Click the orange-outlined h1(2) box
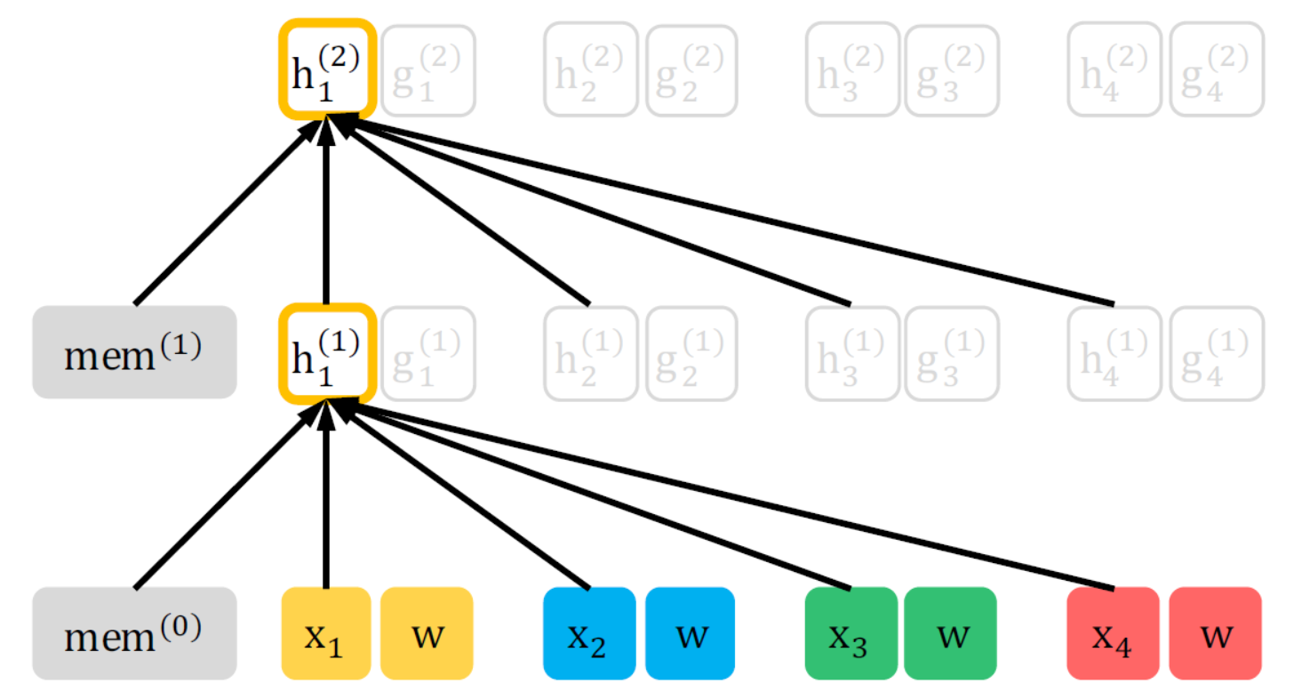pyautogui.click(x=327, y=69)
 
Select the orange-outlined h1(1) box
pyautogui.click(x=327, y=352)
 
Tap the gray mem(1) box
pyautogui.click(x=134, y=352)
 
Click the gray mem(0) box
pyautogui.click(x=134, y=632)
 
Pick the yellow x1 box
pyautogui.click(x=325, y=632)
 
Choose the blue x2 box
pyautogui.click(x=588, y=632)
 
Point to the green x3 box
pyautogui.click(x=850, y=632)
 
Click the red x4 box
pyautogui.click(x=1112, y=632)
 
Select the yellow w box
pyautogui.click(x=427, y=632)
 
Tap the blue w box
pyautogui.click(x=690, y=632)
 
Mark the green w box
pyautogui.click(x=951, y=632)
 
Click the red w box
pyautogui.click(x=1215, y=632)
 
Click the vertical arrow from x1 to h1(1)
pyautogui.click(x=326, y=498)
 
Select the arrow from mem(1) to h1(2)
pyautogui.click(x=227, y=213)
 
